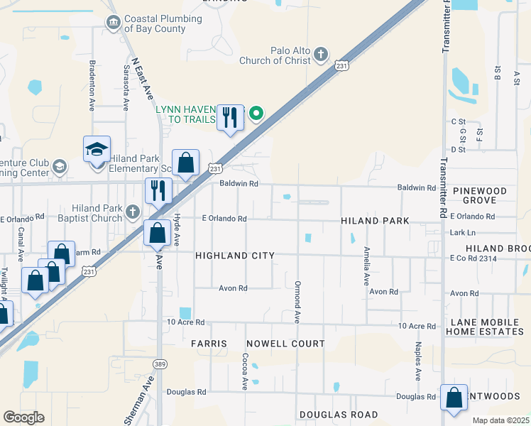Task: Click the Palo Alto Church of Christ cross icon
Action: tap(321, 54)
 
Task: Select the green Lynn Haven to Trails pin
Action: tap(256, 113)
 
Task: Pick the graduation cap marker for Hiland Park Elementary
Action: tap(97, 150)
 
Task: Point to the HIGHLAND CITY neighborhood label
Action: tap(234, 255)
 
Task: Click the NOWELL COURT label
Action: tap(285, 344)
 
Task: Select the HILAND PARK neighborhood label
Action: tap(375, 221)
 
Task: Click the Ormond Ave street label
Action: tap(298, 301)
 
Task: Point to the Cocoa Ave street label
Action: tap(244, 372)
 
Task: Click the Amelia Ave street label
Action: tap(366, 266)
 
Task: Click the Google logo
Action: tap(23, 417)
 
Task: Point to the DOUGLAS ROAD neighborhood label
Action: tap(339, 415)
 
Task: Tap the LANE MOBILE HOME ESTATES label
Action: tap(489, 327)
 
